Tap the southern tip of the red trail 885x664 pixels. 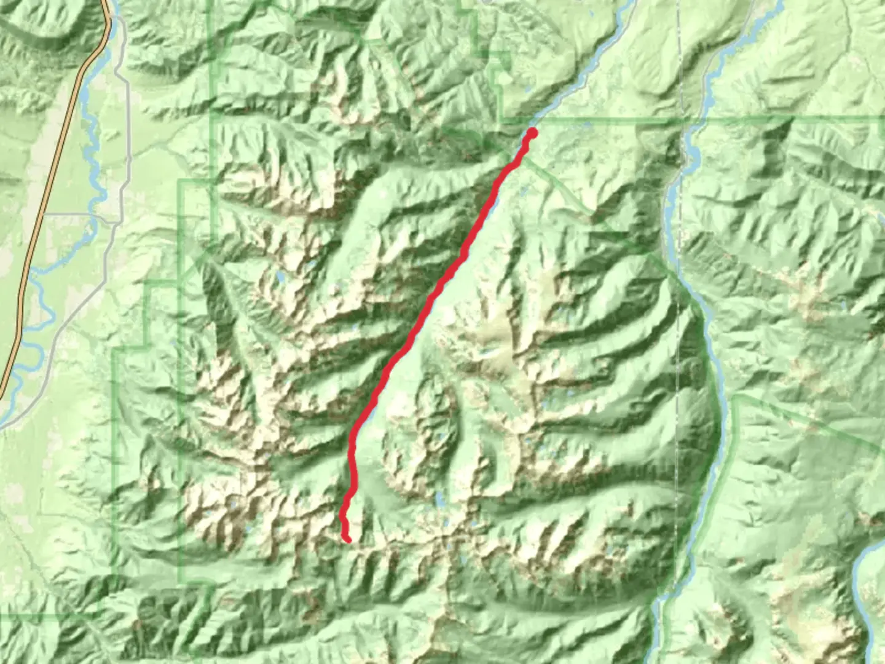pos(348,540)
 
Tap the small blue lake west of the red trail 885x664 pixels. pos(280,278)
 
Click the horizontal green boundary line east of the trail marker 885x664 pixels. pos(602,121)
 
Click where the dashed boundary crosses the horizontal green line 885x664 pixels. pos(681,118)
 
